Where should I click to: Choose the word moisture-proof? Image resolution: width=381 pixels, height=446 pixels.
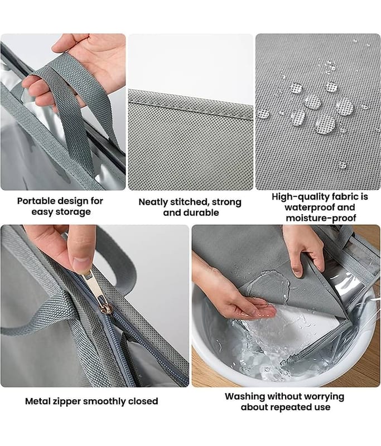point(321,218)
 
